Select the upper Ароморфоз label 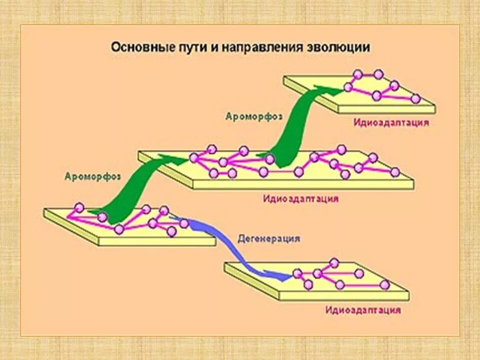pos(253,116)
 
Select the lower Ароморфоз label pos(93,176)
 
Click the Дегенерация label pos(268,238)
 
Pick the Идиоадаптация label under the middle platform pos(301,198)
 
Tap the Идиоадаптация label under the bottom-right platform pos(363,310)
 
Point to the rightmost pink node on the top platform pos(415,99)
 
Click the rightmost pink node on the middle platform pos(395,172)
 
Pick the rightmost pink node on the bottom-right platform pos(384,284)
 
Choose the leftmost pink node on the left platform pos(78,207)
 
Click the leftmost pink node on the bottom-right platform pos(298,273)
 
